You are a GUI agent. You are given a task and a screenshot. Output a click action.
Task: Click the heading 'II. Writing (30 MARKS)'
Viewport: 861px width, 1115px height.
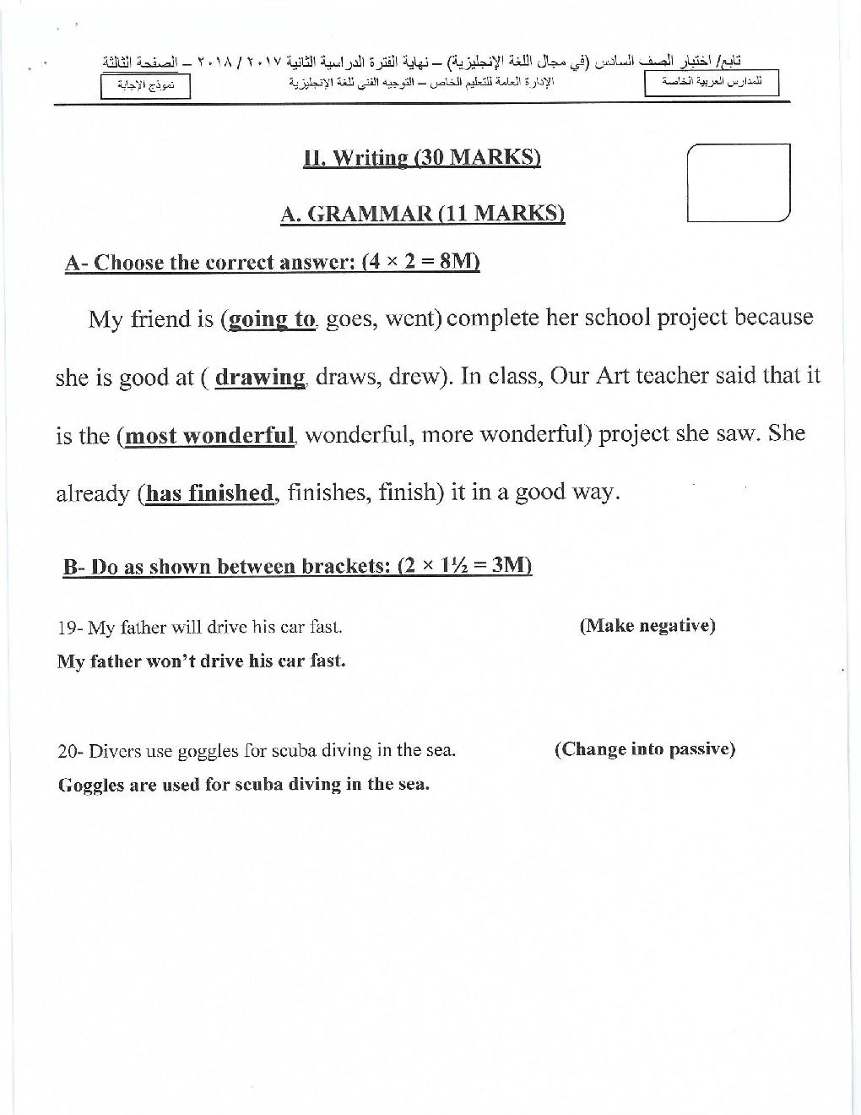click(x=422, y=158)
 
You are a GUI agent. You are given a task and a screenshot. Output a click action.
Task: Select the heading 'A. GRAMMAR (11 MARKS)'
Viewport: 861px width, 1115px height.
click(x=422, y=214)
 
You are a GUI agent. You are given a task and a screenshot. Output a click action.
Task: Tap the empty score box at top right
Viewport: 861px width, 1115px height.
click(x=739, y=182)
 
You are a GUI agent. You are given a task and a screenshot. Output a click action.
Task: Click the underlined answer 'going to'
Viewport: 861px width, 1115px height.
click(x=271, y=319)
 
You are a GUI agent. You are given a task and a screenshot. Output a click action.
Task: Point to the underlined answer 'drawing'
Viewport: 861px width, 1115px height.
click(x=259, y=377)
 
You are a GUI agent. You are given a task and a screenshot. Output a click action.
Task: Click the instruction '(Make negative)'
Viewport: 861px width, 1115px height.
click(x=647, y=626)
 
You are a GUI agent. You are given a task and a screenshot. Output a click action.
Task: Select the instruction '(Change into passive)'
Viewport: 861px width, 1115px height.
click(x=645, y=749)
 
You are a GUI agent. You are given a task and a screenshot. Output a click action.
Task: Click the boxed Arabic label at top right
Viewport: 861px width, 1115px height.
click(x=711, y=83)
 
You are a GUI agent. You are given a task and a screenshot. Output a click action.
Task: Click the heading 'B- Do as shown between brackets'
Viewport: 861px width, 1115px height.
click(x=297, y=566)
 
